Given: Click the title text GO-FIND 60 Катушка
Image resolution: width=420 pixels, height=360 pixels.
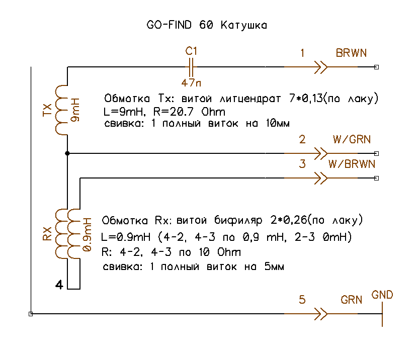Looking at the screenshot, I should [x=207, y=25].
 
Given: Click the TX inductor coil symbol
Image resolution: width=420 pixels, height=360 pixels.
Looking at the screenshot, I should [x=61, y=110].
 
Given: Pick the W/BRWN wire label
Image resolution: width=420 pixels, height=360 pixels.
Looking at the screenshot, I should [x=352, y=164].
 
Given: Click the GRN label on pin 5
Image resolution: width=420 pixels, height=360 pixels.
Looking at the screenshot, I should [x=352, y=300].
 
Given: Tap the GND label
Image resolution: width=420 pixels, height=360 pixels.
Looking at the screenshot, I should [x=382, y=295].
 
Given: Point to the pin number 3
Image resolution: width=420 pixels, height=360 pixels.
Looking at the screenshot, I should [x=302, y=164].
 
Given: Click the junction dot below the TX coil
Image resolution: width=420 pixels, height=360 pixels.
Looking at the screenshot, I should [x=67, y=153].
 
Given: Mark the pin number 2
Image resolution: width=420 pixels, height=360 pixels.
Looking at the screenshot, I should [x=302, y=139].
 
